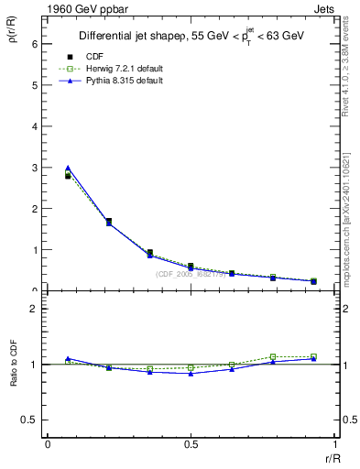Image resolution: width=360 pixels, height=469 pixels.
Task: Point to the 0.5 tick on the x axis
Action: click(190, 443)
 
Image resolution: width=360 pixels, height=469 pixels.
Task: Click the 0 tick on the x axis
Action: click(47, 443)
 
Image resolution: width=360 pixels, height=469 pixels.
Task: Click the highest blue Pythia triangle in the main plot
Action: click(68, 168)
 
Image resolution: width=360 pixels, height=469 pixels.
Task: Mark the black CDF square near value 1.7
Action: click(109, 221)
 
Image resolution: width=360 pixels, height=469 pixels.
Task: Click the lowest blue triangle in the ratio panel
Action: click(191, 374)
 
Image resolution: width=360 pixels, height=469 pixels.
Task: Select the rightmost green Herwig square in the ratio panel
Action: click(313, 356)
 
